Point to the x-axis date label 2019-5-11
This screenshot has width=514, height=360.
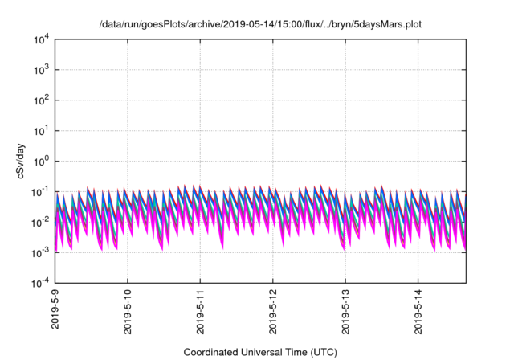coord(201,315)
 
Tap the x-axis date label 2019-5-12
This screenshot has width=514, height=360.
coord(273,315)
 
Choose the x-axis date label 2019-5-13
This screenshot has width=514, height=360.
coord(345,315)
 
